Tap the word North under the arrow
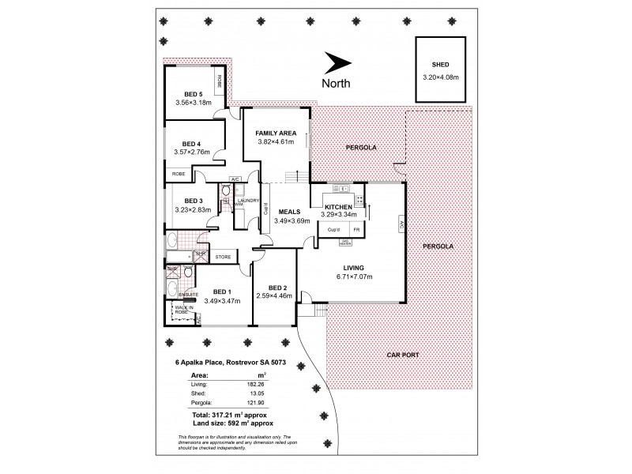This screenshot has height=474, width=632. click(x=337, y=83)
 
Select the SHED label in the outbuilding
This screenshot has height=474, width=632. click(x=440, y=66)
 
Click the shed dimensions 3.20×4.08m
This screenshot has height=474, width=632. click(x=440, y=77)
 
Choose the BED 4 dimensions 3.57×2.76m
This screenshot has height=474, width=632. click(x=193, y=152)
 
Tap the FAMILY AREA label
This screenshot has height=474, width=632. click(x=276, y=132)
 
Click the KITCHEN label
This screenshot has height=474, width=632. click(x=337, y=205)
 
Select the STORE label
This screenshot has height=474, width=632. click(x=223, y=256)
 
